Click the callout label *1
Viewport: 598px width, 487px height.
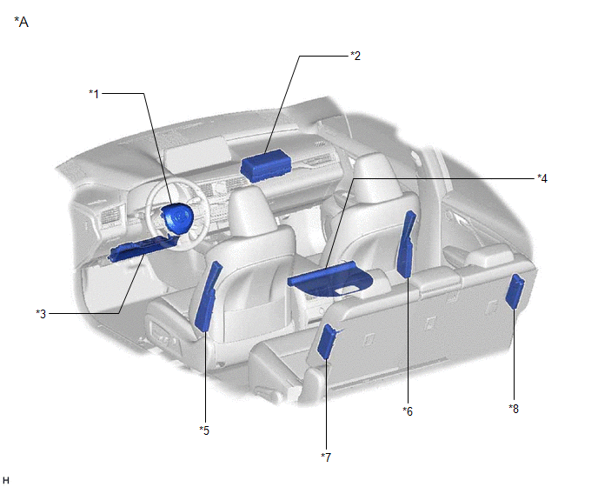pyautogui.click(x=94, y=94)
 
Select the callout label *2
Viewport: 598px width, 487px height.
pyautogui.click(x=355, y=56)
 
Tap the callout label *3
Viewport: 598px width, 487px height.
pyautogui.click(x=41, y=314)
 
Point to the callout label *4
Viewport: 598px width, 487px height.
pyautogui.click(x=542, y=178)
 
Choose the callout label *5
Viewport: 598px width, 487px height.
pyautogui.click(x=204, y=430)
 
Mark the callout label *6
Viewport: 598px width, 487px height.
pyautogui.click(x=408, y=411)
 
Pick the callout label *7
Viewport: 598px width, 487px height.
pyautogui.click(x=326, y=457)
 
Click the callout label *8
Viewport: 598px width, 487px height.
pyautogui.click(x=514, y=409)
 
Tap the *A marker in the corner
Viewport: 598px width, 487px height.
pyautogui.click(x=22, y=22)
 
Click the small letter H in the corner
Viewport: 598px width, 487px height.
pyautogui.click(x=6, y=480)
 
